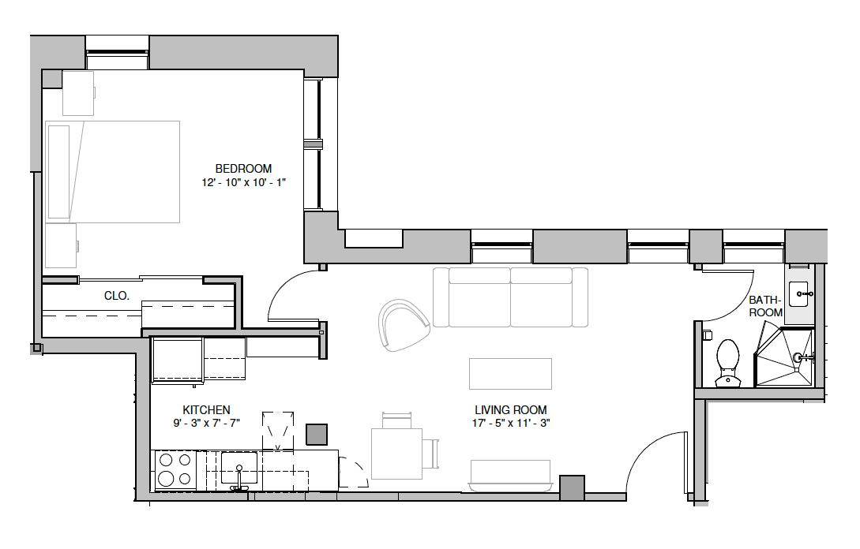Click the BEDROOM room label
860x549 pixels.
(243, 169)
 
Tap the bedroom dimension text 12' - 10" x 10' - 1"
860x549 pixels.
(243, 182)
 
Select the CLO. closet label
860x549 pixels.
(117, 296)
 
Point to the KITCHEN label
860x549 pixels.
(206, 410)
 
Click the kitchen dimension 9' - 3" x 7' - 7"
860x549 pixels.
(206, 423)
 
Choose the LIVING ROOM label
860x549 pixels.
(511, 410)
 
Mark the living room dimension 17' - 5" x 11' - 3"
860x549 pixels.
(511, 423)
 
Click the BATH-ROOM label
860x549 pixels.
(766, 306)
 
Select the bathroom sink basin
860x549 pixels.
(798, 294)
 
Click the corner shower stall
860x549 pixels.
(783, 358)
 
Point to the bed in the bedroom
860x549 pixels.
(112, 172)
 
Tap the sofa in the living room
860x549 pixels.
(511, 297)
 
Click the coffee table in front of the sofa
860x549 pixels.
(511, 374)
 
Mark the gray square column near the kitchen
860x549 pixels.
(317, 435)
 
